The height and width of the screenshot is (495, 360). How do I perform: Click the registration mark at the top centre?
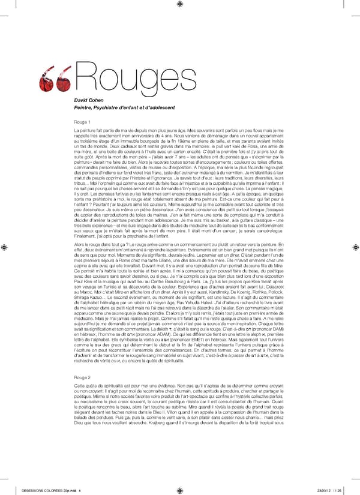(x=181, y=10)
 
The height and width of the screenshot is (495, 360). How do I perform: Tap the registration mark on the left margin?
(x=6, y=247)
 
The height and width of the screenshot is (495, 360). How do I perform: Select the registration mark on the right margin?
(x=354, y=247)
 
